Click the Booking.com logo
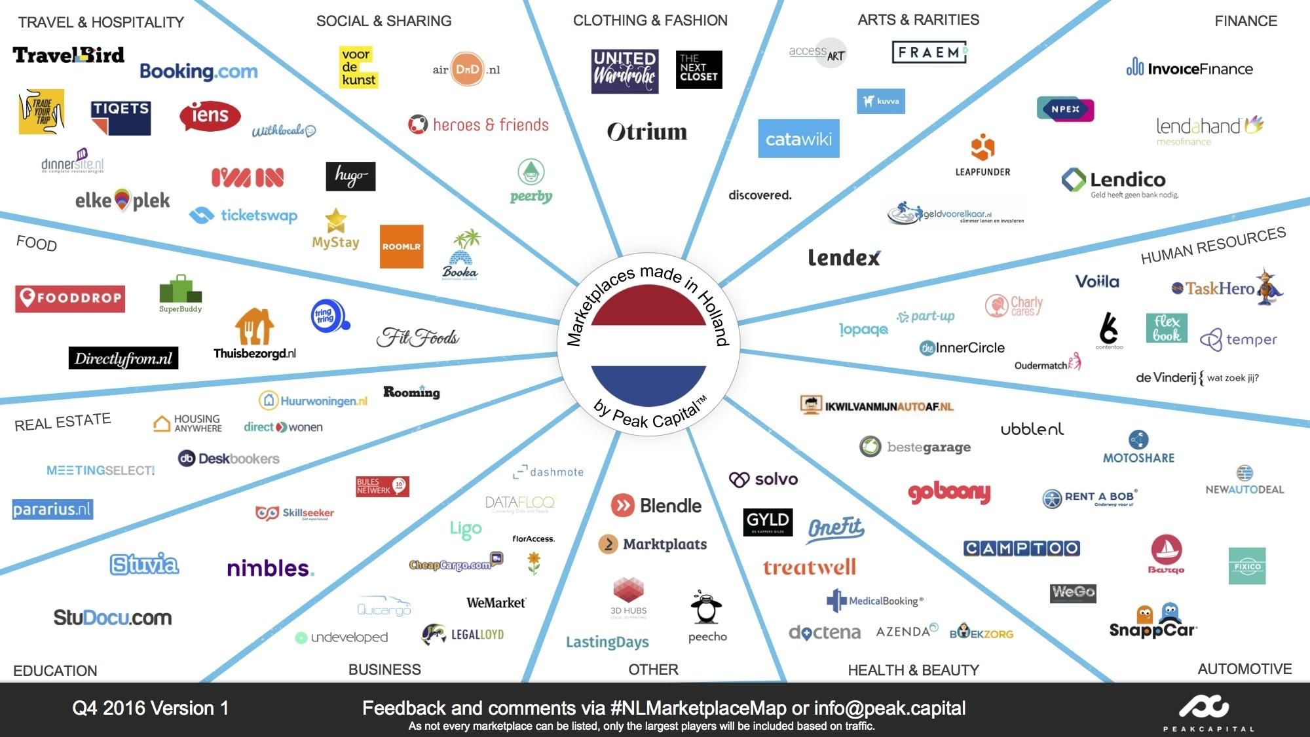point(198,71)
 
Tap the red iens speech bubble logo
point(210,116)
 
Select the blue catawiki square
point(798,138)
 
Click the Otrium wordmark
point(647,132)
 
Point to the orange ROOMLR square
point(402,247)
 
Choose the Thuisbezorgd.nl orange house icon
point(254,326)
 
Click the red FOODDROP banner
point(70,298)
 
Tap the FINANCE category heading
point(1245,21)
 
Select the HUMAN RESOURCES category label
point(1213,246)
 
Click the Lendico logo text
point(1127,180)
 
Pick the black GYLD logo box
point(768,521)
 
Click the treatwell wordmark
point(809,567)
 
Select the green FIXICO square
point(1246,566)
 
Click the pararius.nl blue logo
point(52,509)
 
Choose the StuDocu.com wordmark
point(113,617)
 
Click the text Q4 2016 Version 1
point(151,708)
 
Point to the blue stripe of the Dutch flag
point(648,383)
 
